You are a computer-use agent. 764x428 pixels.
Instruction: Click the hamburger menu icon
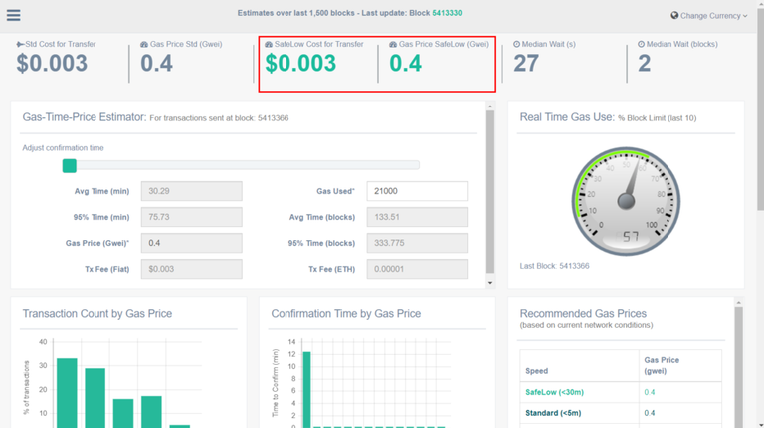14,16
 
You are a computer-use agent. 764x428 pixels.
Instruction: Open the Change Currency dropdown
709,16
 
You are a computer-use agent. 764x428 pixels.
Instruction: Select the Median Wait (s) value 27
526,64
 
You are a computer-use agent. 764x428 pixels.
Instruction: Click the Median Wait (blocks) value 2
644,64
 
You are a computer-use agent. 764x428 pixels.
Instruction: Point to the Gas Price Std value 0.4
156,64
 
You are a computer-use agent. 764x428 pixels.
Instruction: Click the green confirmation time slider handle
69,166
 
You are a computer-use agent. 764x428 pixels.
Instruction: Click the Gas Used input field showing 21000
416,191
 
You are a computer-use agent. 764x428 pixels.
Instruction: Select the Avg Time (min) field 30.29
191,191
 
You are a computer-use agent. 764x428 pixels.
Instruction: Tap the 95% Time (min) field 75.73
191,217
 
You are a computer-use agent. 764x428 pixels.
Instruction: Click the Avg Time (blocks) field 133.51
416,217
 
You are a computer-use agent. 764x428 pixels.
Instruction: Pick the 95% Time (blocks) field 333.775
416,243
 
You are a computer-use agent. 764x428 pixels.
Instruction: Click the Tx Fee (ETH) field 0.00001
416,269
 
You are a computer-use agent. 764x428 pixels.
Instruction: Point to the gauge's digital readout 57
631,237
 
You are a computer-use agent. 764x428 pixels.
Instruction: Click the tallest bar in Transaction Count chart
67,392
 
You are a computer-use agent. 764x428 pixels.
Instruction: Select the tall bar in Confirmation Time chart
306,389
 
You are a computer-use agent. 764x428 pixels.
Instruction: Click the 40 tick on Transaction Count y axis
42,342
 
